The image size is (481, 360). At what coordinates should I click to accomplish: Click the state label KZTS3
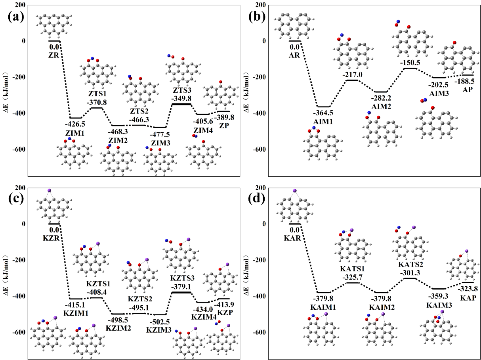pos(181,280)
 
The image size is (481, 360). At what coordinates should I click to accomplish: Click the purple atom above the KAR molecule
pos(294,191)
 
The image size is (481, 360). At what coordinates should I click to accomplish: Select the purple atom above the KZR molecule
pos(49,191)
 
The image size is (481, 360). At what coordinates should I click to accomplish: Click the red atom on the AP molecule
pos(454,42)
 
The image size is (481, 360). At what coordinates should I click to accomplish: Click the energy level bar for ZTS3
pos(181,104)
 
